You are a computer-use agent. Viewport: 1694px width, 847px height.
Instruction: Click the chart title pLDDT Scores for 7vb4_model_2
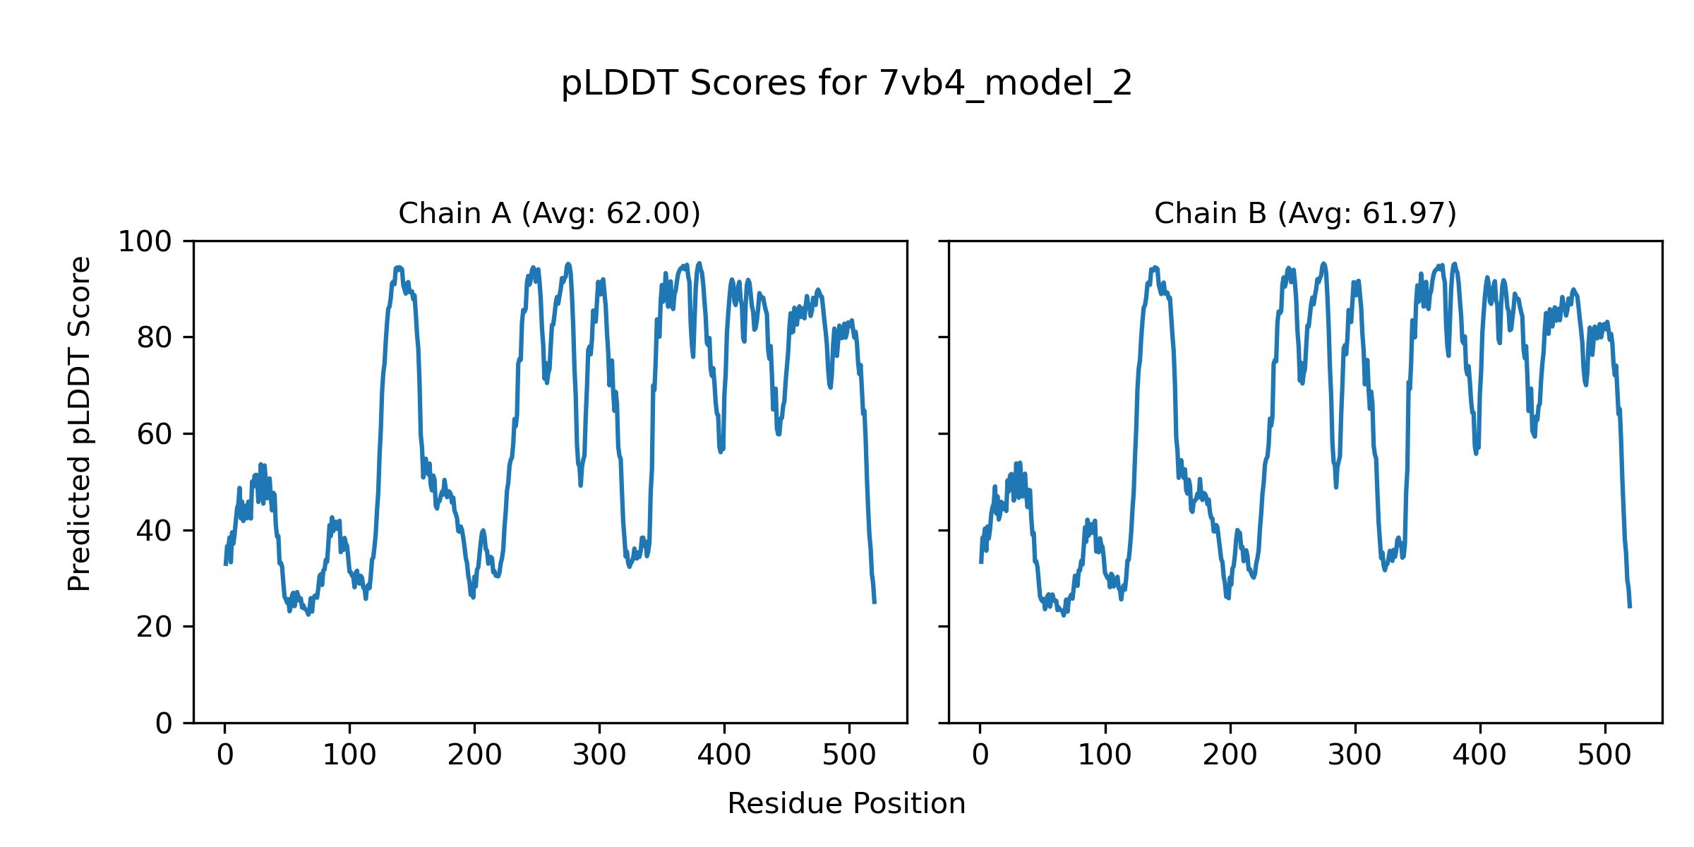coord(846,84)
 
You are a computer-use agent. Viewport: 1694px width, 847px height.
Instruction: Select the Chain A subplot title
coord(549,214)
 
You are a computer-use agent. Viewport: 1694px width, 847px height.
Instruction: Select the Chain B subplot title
coord(1305,214)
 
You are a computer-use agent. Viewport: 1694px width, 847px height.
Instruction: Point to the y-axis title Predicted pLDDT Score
coord(80,423)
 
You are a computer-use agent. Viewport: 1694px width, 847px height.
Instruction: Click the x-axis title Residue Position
coord(846,804)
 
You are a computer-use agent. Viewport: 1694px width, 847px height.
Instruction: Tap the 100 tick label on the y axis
coord(145,242)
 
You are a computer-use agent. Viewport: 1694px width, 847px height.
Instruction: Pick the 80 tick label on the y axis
coord(155,338)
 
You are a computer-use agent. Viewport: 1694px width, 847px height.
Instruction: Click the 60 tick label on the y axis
coord(155,435)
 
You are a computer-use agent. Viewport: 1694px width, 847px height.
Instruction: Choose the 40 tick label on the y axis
coord(155,531)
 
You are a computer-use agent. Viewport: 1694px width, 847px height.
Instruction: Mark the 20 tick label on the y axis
coord(155,627)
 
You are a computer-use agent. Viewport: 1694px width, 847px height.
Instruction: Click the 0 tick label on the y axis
coord(164,723)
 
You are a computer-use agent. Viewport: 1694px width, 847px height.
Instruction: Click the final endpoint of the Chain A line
coord(875,603)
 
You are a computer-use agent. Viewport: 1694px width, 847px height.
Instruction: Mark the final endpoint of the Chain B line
coord(1630,607)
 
